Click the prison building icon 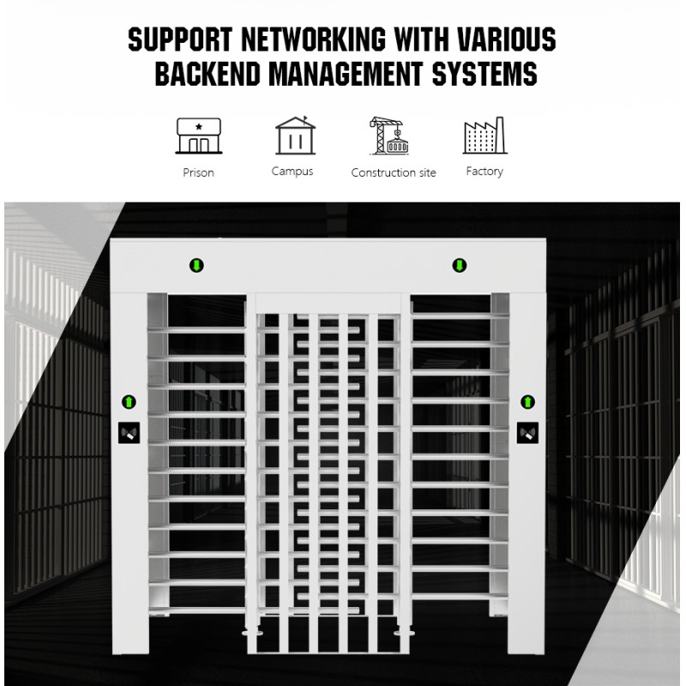coord(199,135)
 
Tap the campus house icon coord(295,135)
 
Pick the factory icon coord(485,135)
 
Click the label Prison coord(199,172)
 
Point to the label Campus coord(292,171)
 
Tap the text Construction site coord(394,172)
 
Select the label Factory coord(484,171)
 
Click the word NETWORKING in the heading coord(313,39)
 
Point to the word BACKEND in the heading coord(208,73)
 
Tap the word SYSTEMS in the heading coord(484,73)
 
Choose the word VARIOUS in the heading coord(506,39)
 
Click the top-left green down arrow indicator coord(196,265)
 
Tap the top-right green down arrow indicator coord(460,265)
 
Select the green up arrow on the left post coord(129,401)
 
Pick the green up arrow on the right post coord(527,401)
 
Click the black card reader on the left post coord(129,433)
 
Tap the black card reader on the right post coord(527,433)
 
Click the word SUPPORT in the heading coord(180,39)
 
